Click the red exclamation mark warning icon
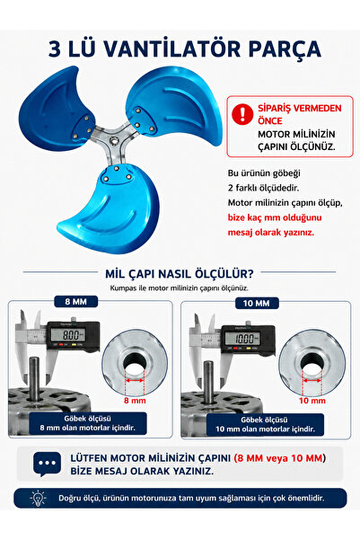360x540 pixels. tap(242, 114)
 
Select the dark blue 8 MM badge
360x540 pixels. tap(76, 302)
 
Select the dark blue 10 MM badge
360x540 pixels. tap(257, 303)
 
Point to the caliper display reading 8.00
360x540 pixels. tap(69, 334)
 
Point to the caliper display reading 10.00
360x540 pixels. tap(245, 338)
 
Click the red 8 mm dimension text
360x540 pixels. tap(135, 401)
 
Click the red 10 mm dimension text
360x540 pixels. tap(312, 401)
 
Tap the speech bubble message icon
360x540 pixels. tap(48, 464)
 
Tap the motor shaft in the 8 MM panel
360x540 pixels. tap(34, 379)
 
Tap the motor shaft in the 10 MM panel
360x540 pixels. tap(208, 382)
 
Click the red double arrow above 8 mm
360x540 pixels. tap(135, 380)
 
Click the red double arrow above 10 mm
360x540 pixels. tap(312, 381)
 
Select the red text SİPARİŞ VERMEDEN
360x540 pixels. tap(300, 108)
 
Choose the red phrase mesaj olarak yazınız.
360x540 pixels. tap(271, 232)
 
